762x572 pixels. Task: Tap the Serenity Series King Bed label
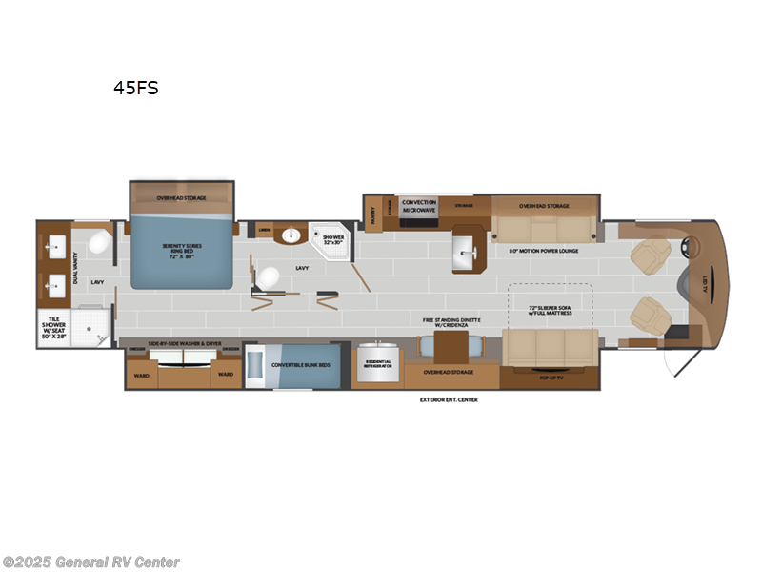[180, 253]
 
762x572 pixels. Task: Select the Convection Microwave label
[418, 205]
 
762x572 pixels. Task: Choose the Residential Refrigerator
[374, 363]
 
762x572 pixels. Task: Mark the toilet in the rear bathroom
[98, 244]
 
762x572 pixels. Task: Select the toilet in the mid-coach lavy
[269, 277]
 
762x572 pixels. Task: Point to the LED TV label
[703, 281]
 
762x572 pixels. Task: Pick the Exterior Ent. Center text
[449, 399]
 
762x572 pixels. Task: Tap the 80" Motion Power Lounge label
[544, 251]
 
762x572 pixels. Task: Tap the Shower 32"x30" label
[333, 238]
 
